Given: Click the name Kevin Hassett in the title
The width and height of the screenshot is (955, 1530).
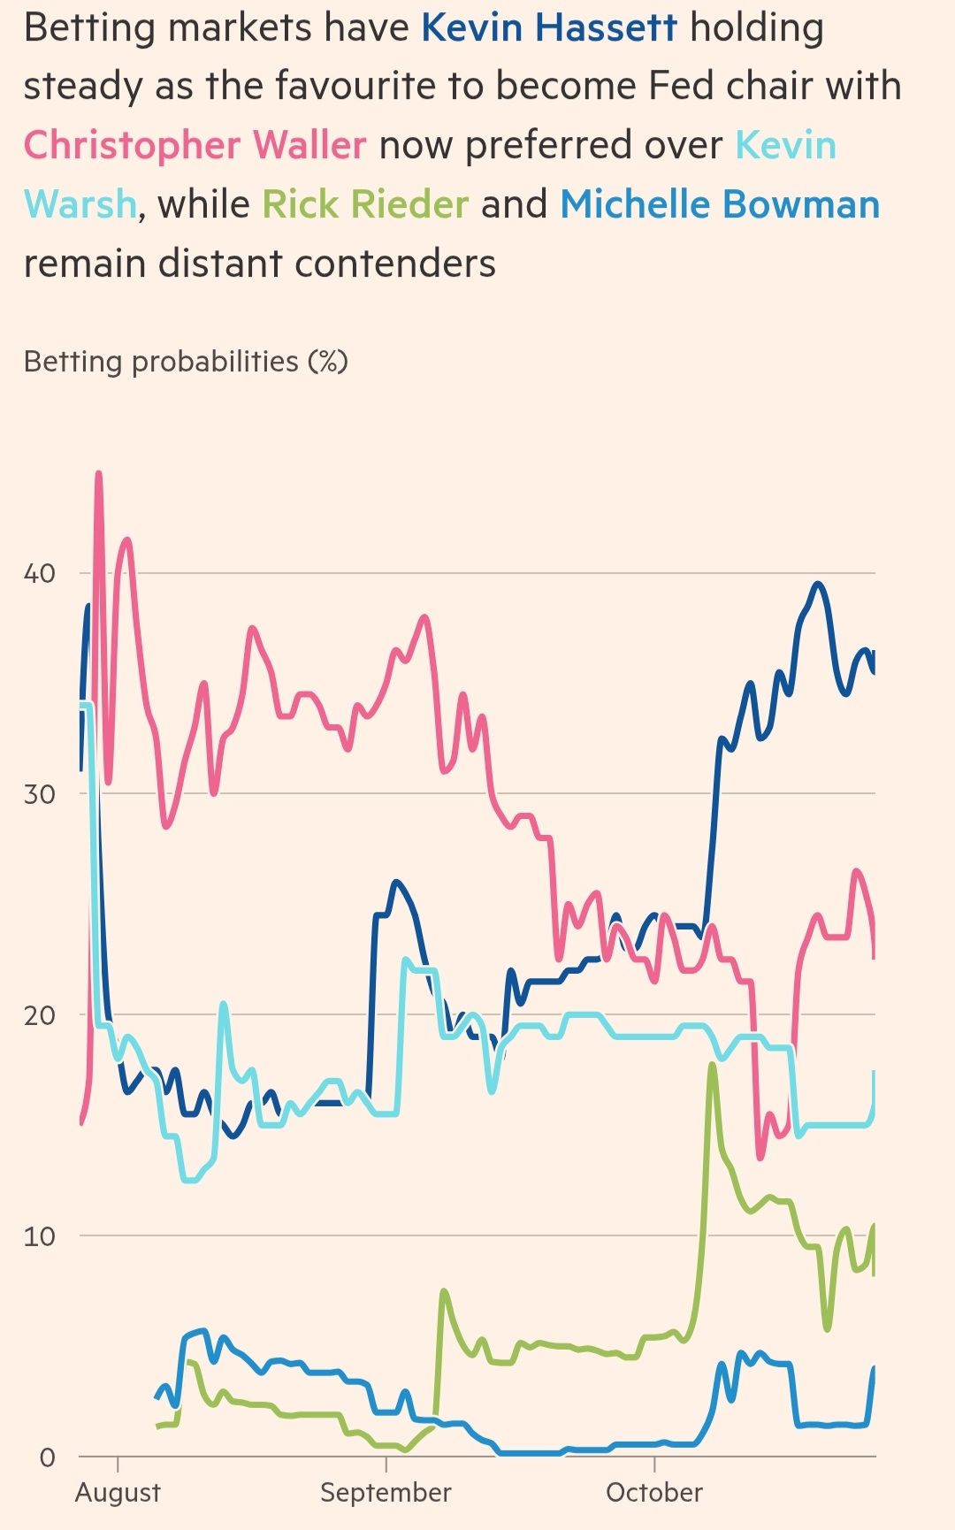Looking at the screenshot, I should click(548, 28).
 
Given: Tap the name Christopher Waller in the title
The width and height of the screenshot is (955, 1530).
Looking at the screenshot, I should click(195, 145).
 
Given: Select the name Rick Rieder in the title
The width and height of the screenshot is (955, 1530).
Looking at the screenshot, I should click(365, 204).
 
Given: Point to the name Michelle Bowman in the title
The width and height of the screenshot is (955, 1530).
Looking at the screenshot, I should click(720, 204).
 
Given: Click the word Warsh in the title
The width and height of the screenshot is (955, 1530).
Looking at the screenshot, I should click(80, 204).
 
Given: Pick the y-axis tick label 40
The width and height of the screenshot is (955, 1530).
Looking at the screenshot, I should click(39, 573).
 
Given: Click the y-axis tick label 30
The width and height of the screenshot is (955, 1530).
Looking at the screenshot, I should click(39, 794).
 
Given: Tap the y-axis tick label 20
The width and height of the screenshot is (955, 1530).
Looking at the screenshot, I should click(39, 1015).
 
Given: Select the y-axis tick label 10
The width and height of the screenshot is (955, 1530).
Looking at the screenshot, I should click(39, 1236).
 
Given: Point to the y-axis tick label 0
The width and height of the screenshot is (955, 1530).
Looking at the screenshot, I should click(47, 1457).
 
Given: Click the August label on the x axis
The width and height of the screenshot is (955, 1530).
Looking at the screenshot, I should click(118, 1493).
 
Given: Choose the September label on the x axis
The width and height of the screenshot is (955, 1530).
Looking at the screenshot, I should click(386, 1493).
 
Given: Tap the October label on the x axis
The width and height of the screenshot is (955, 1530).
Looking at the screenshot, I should click(654, 1493).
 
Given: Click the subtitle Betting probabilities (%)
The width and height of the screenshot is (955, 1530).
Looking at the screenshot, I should click(186, 362).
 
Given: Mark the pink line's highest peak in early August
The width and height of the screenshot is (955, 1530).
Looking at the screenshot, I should click(98, 474).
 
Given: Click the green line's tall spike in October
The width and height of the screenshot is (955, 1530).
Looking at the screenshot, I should click(712, 1065).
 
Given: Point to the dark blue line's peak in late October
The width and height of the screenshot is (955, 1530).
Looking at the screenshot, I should click(818, 584).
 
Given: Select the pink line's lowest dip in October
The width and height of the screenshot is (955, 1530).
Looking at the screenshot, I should click(760, 1157).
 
